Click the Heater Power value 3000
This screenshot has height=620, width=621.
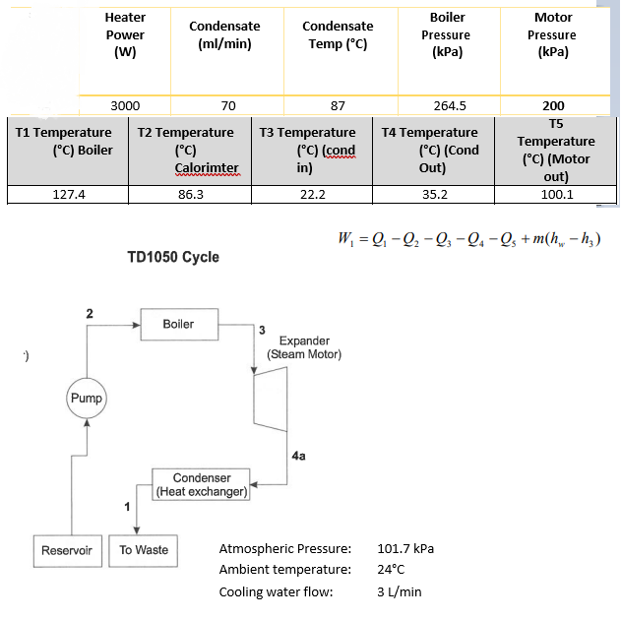pyautogui.click(x=125, y=105)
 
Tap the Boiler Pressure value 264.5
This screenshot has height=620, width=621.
pyautogui.click(x=449, y=105)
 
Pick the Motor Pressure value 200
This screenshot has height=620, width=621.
pyautogui.click(x=553, y=105)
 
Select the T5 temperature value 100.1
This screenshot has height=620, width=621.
pyautogui.click(x=557, y=194)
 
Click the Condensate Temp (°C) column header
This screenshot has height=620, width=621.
pyautogui.click(x=338, y=35)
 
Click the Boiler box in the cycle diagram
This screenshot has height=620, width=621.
pyautogui.click(x=178, y=325)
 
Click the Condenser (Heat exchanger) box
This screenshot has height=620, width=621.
pyautogui.click(x=201, y=484)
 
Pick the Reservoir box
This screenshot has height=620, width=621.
pyautogui.click(x=67, y=550)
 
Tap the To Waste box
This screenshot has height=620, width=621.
pyautogui.click(x=144, y=550)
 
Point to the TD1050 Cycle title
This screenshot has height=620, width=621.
pyautogui.click(x=173, y=258)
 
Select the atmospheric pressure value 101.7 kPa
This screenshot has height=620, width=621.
pyautogui.click(x=405, y=548)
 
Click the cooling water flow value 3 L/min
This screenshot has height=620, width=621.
pyautogui.click(x=400, y=591)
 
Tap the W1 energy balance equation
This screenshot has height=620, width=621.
pyautogui.click(x=468, y=239)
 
